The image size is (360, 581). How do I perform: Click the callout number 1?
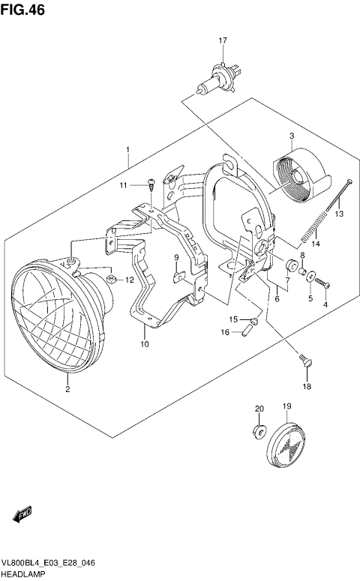[x=128, y=149]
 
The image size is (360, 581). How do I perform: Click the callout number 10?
[x=144, y=344]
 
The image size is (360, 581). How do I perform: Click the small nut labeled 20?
[x=259, y=430]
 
